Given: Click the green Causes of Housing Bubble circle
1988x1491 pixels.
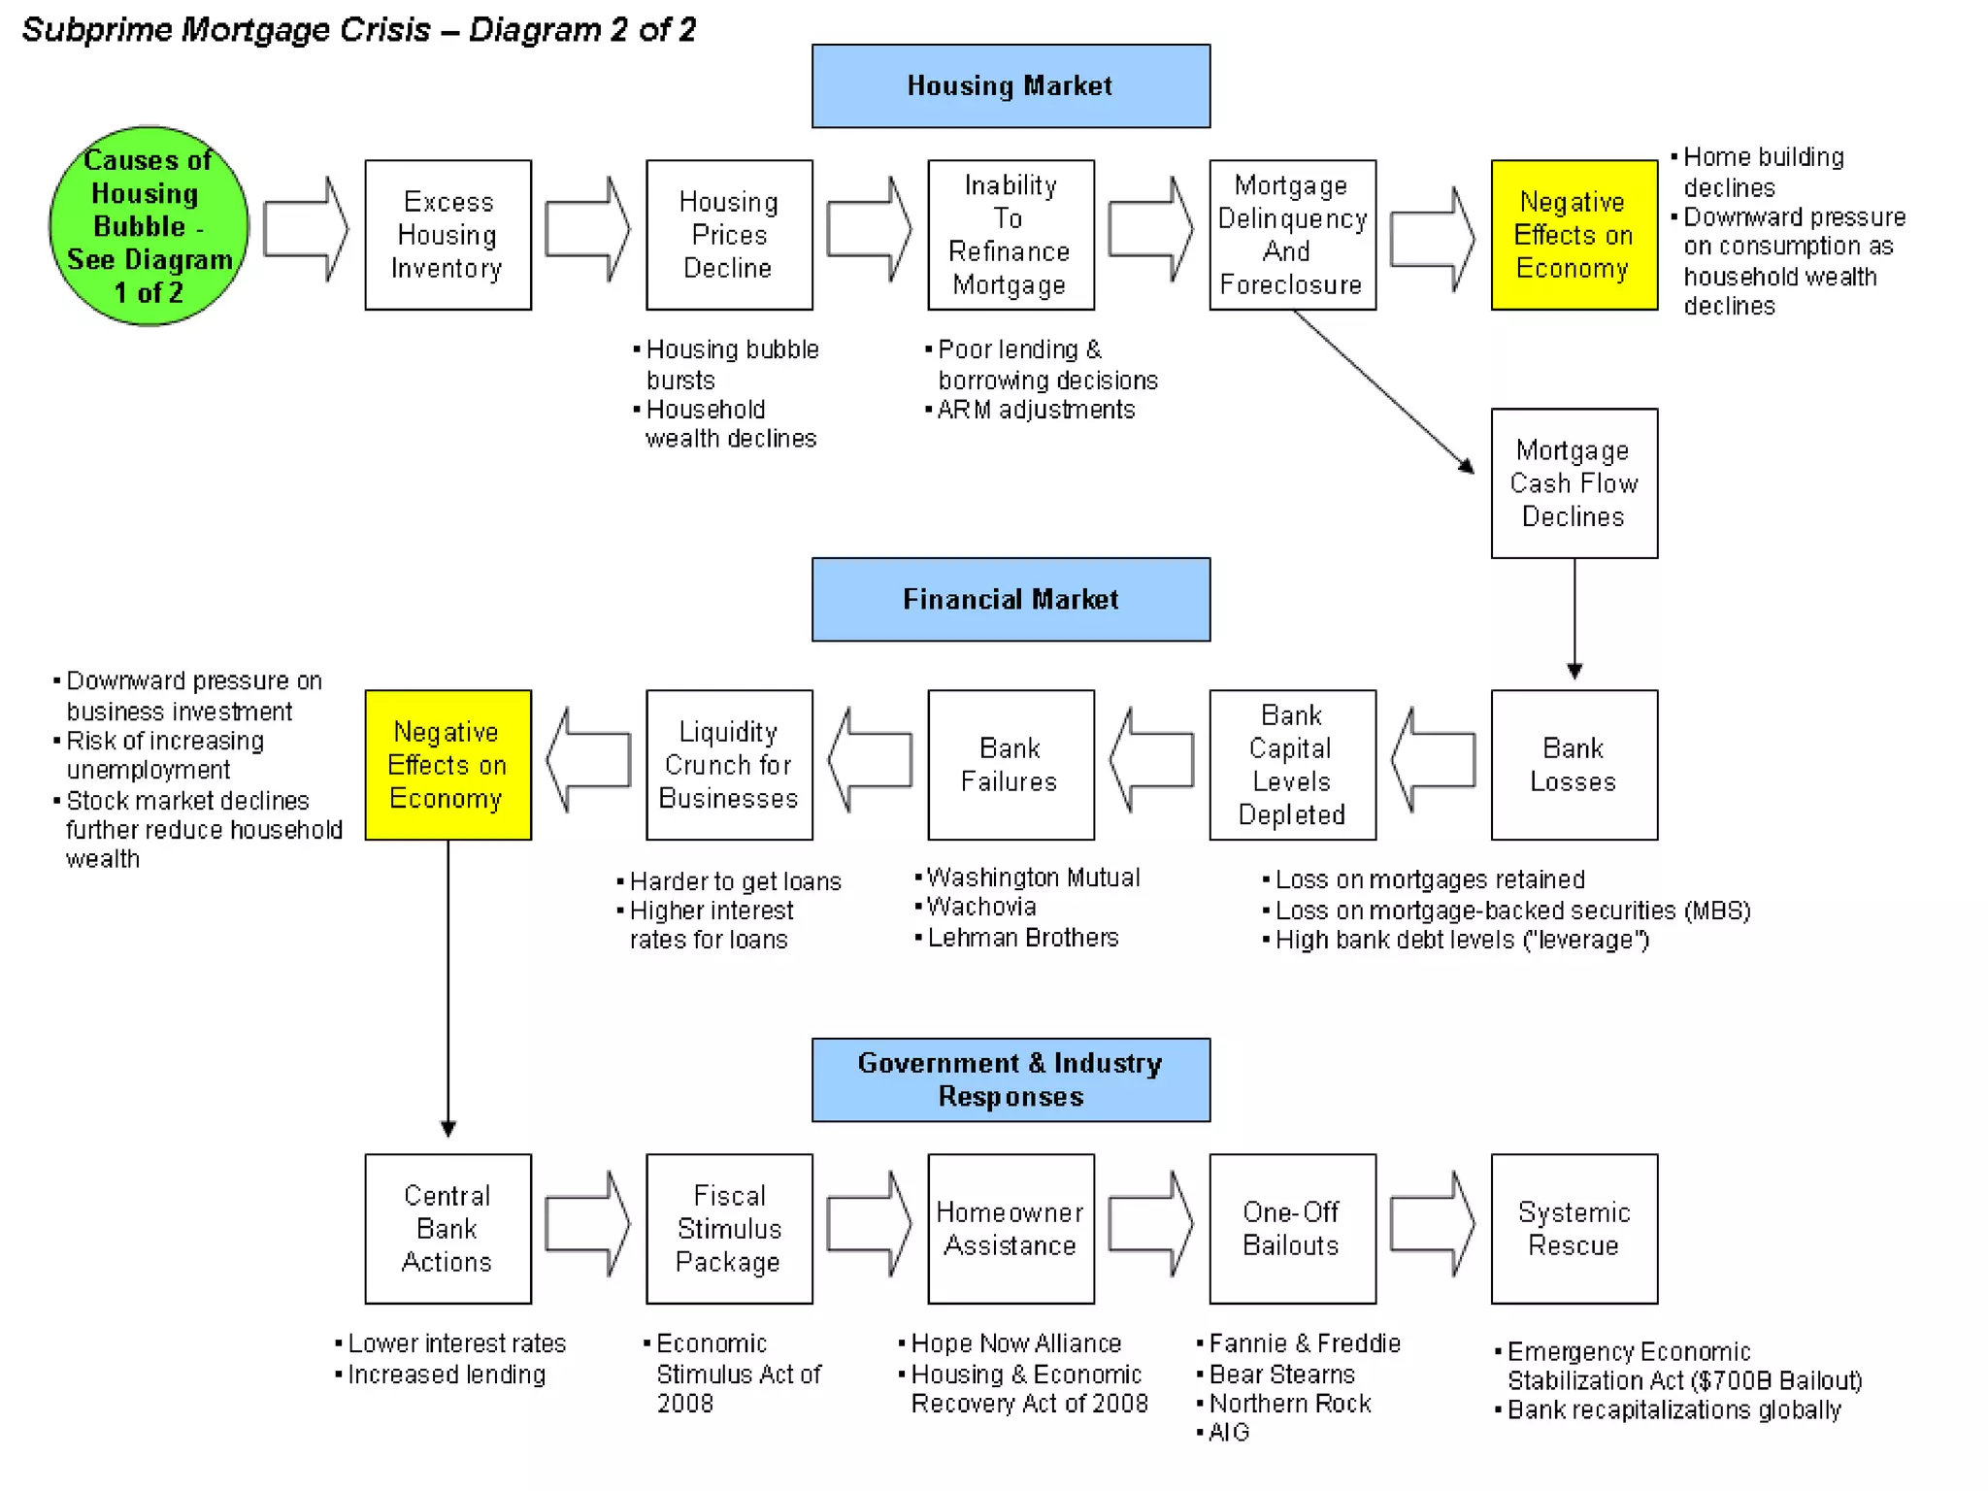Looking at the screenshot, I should (149, 226).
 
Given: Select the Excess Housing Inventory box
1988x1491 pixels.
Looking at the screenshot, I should (447, 235).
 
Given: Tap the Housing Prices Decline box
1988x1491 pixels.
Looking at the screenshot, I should (729, 235).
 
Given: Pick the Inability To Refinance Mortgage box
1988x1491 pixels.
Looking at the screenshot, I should (1011, 235).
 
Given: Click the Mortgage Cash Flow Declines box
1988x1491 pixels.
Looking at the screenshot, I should (1574, 483).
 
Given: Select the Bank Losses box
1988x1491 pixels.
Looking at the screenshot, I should (1574, 765).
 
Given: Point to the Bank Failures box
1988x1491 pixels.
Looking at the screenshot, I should (1011, 765).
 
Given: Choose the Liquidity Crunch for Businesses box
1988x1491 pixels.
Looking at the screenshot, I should (729, 765).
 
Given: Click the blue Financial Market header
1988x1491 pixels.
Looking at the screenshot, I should (1011, 599).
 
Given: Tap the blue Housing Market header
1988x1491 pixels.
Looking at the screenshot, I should (1011, 85).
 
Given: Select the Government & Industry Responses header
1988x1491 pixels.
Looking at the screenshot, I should (1011, 1079).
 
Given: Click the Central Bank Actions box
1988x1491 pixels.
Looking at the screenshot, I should (447, 1228).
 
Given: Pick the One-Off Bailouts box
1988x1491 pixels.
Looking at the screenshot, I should (1292, 1228).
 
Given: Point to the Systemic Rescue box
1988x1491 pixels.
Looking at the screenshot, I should (1574, 1228).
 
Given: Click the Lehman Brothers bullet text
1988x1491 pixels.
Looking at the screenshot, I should (1023, 938).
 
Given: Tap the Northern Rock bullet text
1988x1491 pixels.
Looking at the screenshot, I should (1290, 1404).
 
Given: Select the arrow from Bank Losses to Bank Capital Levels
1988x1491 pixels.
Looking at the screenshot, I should (1433, 760).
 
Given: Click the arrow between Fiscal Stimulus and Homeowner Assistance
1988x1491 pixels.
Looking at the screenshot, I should (870, 1224).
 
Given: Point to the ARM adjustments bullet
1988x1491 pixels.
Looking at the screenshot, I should (1036, 410).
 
